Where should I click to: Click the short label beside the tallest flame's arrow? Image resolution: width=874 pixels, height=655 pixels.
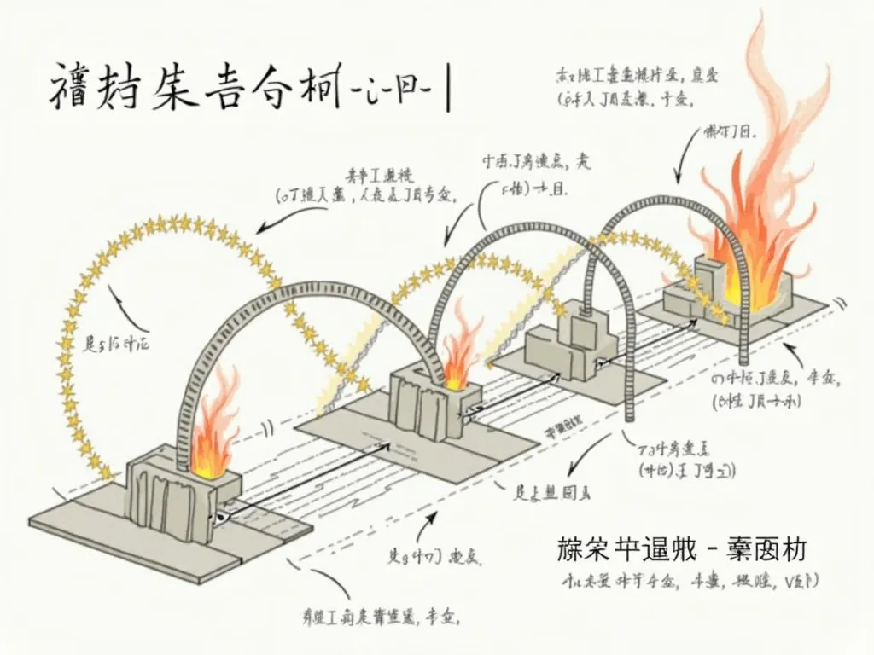[x=731, y=132]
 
